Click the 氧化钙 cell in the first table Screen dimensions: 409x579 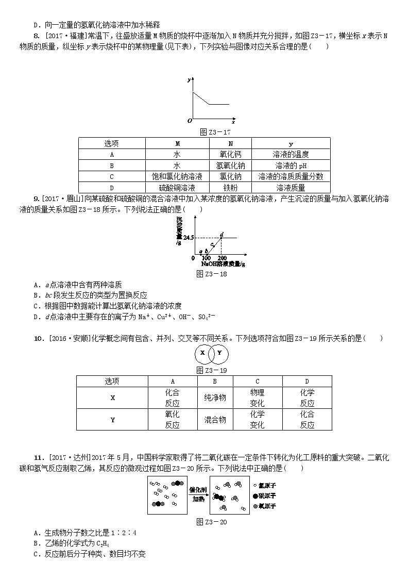tap(230, 154)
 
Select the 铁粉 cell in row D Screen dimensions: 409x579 tap(230, 188)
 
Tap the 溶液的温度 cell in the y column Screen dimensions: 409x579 tap(291, 154)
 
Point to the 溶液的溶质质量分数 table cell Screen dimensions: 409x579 tap(291, 177)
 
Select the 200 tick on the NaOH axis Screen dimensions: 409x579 tap(222, 258)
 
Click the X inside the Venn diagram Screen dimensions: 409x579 tap(202, 353)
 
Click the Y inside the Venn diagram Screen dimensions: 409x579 tap(219, 353)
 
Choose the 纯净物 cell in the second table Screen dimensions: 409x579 tap(215, 398)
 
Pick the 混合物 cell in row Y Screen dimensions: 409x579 tap(215, 420)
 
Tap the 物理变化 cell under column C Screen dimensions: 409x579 tap(257, 398)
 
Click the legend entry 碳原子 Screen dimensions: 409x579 tap(268, 496)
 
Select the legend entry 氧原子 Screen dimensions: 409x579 tap(268, 506)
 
